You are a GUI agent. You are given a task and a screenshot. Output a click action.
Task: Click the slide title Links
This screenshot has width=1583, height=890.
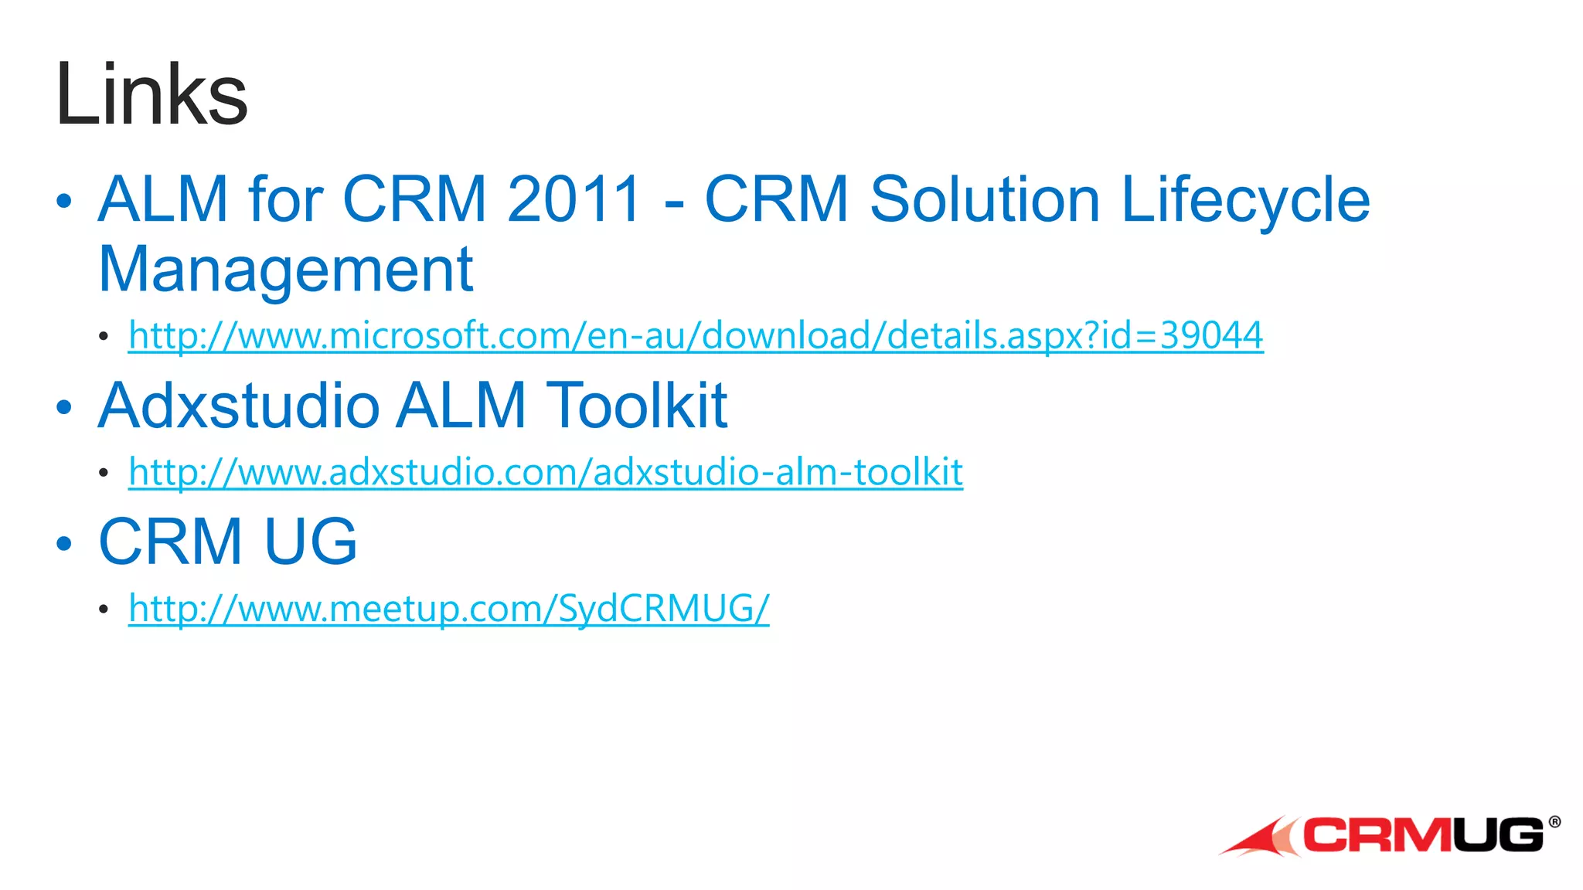[x=151, y=94]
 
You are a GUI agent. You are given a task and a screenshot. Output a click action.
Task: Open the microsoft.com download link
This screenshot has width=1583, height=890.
[x=696, y=335]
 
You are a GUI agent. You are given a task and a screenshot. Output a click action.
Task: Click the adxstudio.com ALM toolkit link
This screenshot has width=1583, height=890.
[x=546, y=472]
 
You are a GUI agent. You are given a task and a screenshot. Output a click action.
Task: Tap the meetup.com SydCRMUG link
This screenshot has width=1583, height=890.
[x=448, y=609]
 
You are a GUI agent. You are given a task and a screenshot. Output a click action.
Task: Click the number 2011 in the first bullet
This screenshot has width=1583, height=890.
[x=574, y=199]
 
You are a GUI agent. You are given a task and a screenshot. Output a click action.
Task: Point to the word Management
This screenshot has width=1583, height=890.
[x=286, y=269]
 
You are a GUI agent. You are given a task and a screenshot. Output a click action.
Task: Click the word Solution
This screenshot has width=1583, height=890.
[x=984, y=199]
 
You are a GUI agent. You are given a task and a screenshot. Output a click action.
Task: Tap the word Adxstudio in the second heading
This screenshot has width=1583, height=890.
[x=239, y=406]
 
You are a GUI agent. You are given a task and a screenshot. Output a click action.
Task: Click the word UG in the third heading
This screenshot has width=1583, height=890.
[x=311, y=542]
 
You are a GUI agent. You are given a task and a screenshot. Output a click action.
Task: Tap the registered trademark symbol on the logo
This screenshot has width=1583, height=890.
[x=1554, y=822]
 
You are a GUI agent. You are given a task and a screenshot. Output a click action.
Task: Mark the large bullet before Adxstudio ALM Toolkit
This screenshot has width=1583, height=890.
[x=64, y=407]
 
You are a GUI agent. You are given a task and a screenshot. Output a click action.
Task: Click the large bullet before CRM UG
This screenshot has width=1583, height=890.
[x=64, y=543]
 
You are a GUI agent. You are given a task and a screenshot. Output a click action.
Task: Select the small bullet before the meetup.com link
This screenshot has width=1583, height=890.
[x=104, y=610]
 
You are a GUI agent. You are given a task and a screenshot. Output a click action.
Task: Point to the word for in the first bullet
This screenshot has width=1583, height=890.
[x=284, y=199]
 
